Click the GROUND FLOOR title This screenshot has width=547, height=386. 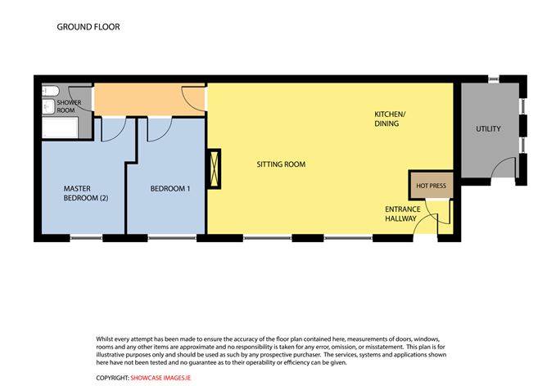point(88,26)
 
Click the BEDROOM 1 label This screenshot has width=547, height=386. point(170,189)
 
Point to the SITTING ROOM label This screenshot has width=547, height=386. point(281,164)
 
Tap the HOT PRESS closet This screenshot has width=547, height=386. point(431,186)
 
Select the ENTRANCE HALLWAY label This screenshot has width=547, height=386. point(403,214)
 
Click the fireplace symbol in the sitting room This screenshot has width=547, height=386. point(215,170)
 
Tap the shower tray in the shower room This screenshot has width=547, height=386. point(57,128)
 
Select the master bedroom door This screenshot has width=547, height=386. point(111,126)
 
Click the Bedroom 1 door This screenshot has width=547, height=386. point(160,125)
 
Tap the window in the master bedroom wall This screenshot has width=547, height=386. point(86,238)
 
